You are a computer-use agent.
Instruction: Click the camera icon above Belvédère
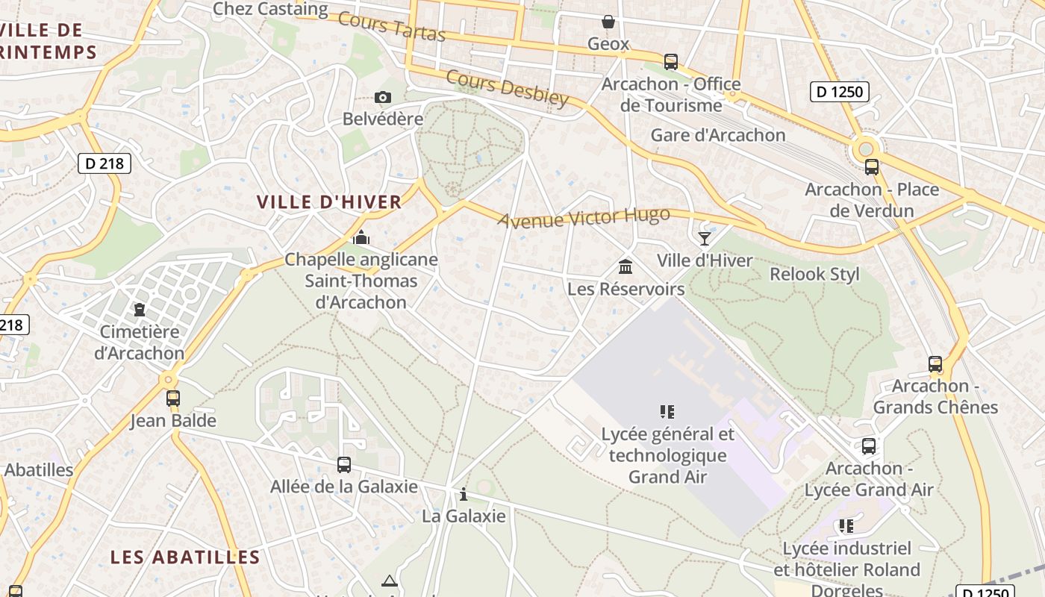pyautogui.click(x=383, y=97)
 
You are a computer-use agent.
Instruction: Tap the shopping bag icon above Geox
pyautogui.click(x=608, y=22)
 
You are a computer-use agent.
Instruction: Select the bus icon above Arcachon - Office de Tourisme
pyautogui.click(x=670, y=61)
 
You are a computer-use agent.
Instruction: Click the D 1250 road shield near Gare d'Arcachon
pyautogui.click(x=840, y=92)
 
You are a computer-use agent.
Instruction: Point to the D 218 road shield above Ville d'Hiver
pyautogui.click(x=104, y=163)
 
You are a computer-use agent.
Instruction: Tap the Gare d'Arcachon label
pyautogui.click(x=718, y=135)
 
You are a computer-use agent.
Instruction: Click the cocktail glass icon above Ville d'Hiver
pyautogui.click(x=704, y=238)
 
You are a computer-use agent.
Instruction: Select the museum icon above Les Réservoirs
pyautogui.click(x=626, y=266)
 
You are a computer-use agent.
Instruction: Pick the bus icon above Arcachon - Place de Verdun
pyautogui.click(x=871, y=167)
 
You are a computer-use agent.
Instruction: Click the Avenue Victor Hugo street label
pyautogui.click(x=584, y=218)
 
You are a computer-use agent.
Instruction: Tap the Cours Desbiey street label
pyautogui.click(x=508, y=88)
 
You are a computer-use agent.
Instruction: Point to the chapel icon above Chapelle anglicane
pyautogui.click(x=361, y=238)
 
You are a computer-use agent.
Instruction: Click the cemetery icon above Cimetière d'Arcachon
pyautogui.click(x=140, y=309)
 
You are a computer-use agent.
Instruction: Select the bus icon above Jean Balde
pyautogui.click(x=173, y=398)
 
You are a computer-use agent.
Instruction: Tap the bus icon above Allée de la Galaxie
pyautogui.click(x=343, y=464)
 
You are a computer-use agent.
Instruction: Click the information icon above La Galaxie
pyautogui.click(x=464, y=494)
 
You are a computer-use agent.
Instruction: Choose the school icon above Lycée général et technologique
pyautogui.click(x=667, y=411)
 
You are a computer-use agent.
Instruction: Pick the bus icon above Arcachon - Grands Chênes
pyautogui.click(x=935, y=364)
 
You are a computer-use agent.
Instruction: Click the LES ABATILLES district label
pyautogui.click(x=185, y=557)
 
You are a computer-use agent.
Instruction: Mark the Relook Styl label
pyautogui.click(x=814, y=274)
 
